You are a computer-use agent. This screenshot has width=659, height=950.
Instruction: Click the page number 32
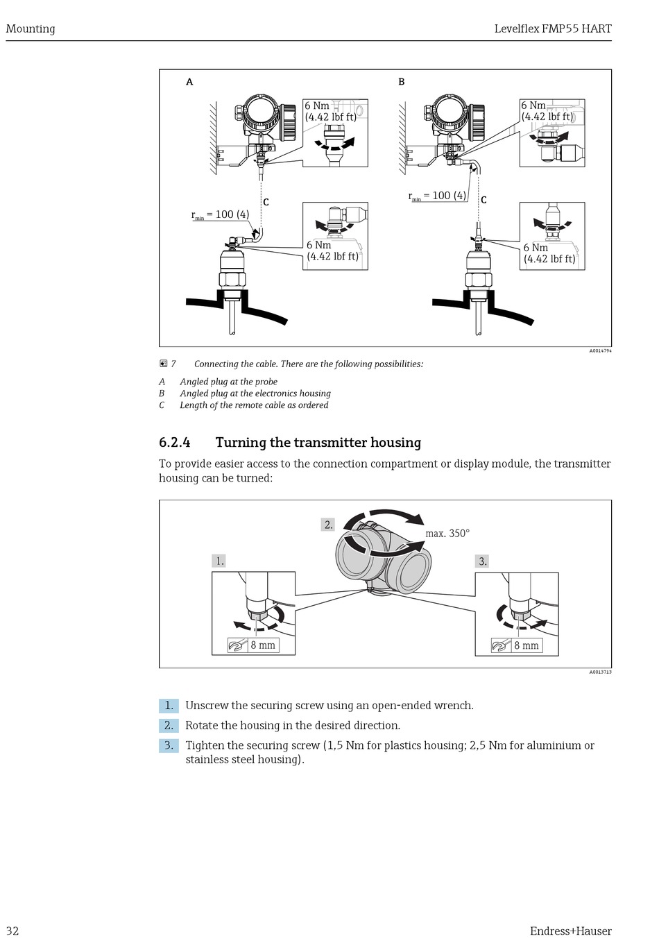click(x=12, y=931)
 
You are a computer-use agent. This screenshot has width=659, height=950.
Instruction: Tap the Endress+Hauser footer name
click(x=570, y=931)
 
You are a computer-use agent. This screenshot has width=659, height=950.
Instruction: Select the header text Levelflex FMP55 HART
click(x=552, y=28)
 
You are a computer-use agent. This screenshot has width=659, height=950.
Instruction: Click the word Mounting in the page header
click(x=31, y=28)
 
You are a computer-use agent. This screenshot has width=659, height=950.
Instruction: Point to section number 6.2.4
click(x=175, y=443)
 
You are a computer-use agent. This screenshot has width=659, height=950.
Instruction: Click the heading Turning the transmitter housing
click(x=318, y=443)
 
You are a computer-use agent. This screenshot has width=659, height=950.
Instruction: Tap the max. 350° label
click(x=447, y=534)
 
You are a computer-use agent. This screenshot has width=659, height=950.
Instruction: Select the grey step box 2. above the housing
click(x=328, y=525)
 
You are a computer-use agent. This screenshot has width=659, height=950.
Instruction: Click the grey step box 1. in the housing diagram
click(x=219, y=561)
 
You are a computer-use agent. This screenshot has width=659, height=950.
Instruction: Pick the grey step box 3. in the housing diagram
click(x=483, y=561)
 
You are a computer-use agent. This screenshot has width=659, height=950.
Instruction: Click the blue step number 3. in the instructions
click(x=169, y=745)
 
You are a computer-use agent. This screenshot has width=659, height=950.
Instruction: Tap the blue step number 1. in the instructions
click(x=169, y=705)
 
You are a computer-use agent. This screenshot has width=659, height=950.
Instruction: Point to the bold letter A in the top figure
click(x=189, y=82)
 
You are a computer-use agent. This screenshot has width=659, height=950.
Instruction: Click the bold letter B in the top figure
click(x=401, y=82)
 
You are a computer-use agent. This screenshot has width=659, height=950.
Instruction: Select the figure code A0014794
click(x=600, y=351)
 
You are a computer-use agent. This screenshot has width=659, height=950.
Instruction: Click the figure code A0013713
click(x=600, y=672)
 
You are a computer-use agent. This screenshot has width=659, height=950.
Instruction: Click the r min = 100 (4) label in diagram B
click(x=437, y=196)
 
